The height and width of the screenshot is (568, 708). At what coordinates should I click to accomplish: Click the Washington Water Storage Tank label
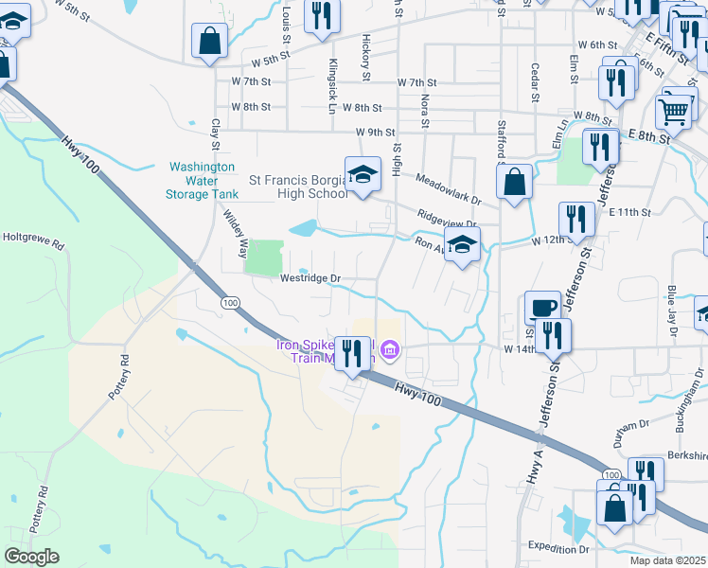pos(200,180)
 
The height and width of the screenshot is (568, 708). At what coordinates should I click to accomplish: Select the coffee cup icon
pos(543,307)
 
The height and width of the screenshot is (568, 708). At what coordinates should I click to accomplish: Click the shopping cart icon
pos(674,111)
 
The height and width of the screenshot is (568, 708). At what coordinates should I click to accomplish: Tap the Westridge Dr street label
pos(310,278)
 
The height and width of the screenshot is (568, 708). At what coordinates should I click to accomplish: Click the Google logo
pos(31,557)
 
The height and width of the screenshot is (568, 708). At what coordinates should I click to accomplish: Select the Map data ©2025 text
pos(667,560)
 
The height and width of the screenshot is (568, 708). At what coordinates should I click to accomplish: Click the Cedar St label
pos(535,82)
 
